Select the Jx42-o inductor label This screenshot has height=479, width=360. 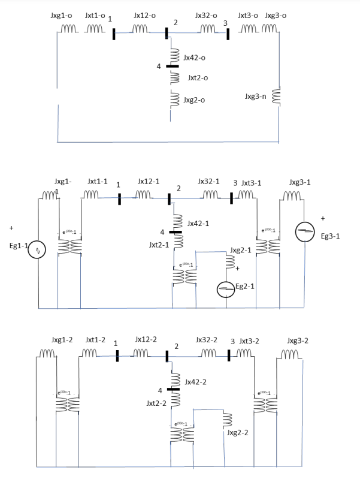click(196, 58)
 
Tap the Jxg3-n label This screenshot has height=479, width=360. click(256, 96)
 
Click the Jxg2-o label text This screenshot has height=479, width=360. click(195, 100)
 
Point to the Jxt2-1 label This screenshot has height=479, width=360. click(158, 245)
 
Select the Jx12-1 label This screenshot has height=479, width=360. click(149, 180)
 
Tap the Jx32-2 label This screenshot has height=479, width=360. click(207, 340)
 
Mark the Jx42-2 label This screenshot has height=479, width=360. click(196, 381)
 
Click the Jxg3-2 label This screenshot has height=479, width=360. click(298, 341)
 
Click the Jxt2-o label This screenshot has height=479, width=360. click(198, 78)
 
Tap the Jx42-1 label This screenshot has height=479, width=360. click(198, 223)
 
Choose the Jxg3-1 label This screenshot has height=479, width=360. click(300, 181)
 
